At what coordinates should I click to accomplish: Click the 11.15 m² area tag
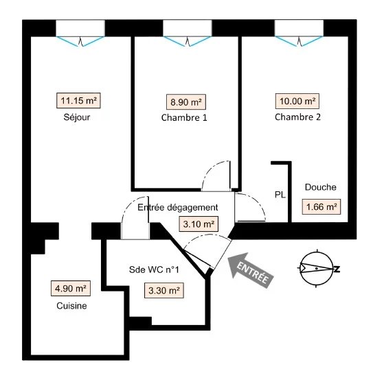78,100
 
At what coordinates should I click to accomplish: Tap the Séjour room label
77,117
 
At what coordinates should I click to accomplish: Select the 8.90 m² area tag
186,102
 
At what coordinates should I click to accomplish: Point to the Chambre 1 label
184,118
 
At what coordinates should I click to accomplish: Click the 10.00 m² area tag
297,101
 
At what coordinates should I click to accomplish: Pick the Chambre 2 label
297,117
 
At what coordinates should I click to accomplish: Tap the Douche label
321,187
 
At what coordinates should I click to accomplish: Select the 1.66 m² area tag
321,207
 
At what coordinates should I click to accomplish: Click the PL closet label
280,195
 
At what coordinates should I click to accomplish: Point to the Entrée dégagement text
178,207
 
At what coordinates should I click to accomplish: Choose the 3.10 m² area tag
199,224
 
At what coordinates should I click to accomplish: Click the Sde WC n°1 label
154,270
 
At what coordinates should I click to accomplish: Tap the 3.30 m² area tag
164,290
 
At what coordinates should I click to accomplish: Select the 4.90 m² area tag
71,289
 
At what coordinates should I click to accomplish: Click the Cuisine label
71,306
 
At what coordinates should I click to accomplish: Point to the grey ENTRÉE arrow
250,270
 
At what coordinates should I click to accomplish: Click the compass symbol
317,268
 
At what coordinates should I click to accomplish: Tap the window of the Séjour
80,33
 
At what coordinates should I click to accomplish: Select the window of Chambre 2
299,33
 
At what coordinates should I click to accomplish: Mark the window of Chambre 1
188,33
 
